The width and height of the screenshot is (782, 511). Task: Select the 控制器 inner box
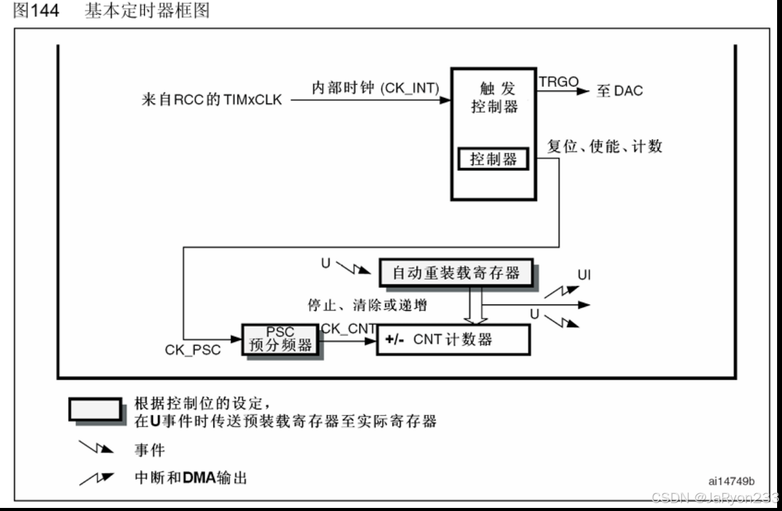coord(493,160)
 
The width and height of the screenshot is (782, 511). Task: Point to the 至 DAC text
coord(619,91)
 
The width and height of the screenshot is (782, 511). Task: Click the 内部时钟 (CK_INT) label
coord(376,88)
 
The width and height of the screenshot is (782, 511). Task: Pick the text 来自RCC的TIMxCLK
coord(212,100)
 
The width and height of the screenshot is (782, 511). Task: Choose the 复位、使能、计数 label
coord(605,147)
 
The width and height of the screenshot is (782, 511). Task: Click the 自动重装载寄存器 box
coord(456,273)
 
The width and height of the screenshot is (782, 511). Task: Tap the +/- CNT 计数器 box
coord(452,340)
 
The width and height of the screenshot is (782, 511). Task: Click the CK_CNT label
coord(348,328)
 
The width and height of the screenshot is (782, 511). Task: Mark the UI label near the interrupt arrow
coord(584,275)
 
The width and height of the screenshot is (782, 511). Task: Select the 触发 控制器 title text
coord(494,98)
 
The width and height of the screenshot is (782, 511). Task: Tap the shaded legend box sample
coord(95,409)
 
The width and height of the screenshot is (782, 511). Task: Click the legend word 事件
coord(150,450)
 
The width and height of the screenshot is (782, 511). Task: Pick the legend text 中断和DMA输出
coord(190,477)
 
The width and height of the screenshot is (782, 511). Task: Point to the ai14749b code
coord(730,480)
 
